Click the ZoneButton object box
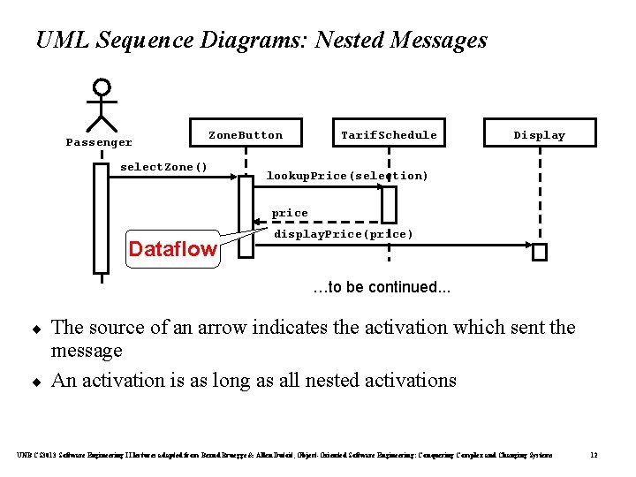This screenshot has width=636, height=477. tap(246, 135)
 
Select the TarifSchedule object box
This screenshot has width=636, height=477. tap(389, 135)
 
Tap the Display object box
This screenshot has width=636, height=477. tap(539, 135)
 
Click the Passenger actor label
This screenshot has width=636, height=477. tap(99, 142)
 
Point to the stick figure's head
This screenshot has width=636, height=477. tap(102, 87)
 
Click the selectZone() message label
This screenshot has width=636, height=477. tap(164, 167)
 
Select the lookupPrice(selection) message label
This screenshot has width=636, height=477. tap(347, 176)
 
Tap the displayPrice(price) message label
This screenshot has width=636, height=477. tap(343, 234)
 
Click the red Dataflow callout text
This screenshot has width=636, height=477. tap(172, 249)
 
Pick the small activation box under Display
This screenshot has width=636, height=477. tap(540, 252)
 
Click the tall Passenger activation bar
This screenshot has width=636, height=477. tap(101, 218)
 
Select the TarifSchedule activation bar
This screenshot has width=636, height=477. tap(389, 205)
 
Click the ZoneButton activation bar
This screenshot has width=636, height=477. tap(246, 216)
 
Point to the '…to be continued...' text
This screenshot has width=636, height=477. tap(382, 287)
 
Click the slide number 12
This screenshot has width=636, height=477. tap(594, 455)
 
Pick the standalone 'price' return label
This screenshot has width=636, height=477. tap(290, 213)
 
